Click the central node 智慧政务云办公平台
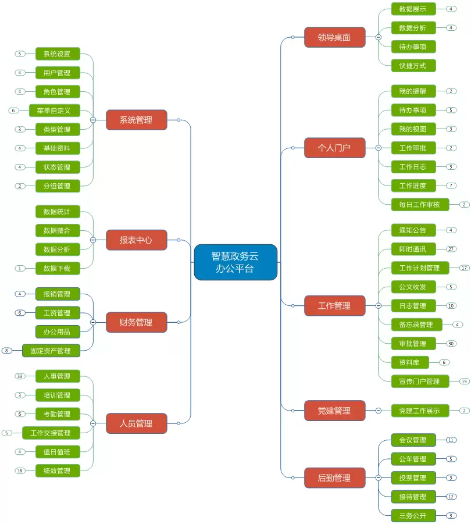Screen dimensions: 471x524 tap(235, 262)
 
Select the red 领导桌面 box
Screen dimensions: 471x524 tap(334, 37)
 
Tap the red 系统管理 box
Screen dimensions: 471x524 tap(136, 120)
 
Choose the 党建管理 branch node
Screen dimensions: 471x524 tap(334, 411)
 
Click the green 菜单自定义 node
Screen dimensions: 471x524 tap(55, 110)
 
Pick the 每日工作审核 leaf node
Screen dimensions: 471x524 tap(420, 205)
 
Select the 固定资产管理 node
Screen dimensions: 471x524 tap(51, 351)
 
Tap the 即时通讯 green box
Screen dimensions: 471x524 tap(413, 249)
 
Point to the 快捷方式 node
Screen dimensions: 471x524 tap(413, 66)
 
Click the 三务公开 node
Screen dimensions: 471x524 tap(413, 516)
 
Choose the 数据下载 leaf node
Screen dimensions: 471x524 tap(58, 268)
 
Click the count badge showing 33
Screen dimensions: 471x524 tap(20, 376)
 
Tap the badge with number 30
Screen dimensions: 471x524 tap(451, 344)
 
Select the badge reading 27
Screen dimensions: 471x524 tap(451, 249)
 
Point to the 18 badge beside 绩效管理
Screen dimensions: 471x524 tap(20, 471)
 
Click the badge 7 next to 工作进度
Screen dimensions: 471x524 tap(451, 186)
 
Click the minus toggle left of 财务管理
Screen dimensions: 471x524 tap(93, 322)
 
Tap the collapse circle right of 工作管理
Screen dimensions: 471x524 tap(379, 305)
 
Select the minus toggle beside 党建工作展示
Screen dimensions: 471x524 tap(379, 411)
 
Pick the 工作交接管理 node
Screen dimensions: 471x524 tap(51, 433)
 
